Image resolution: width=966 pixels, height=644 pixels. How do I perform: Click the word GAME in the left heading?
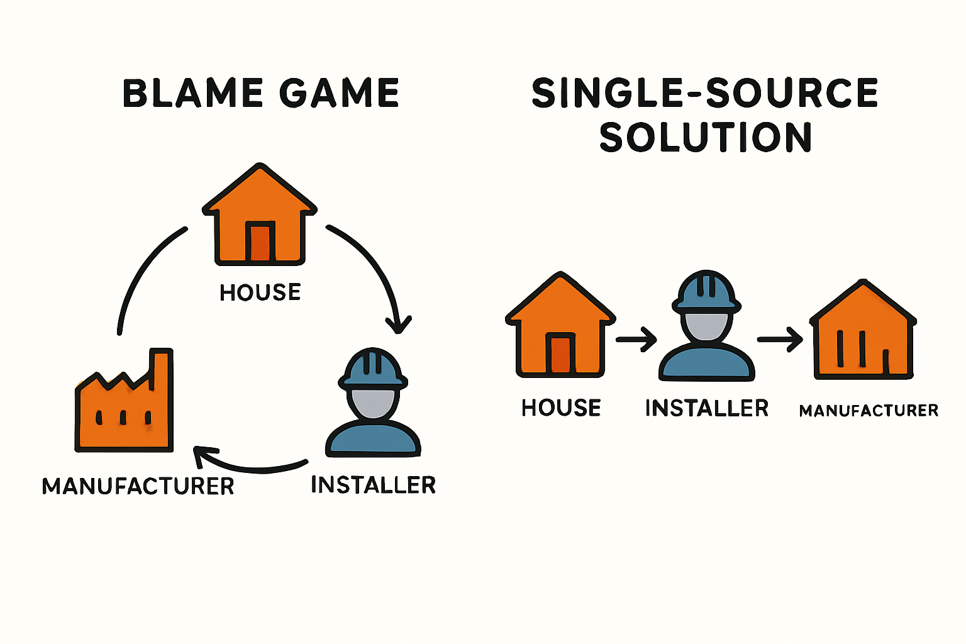point(339,94)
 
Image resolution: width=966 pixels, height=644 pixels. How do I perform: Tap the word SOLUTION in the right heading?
point(706,137)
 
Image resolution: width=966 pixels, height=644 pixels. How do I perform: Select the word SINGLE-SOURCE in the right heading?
point(705,93)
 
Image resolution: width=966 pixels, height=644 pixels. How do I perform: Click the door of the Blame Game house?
point(260,241)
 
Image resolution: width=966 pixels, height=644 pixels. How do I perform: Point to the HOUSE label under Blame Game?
point(260,292)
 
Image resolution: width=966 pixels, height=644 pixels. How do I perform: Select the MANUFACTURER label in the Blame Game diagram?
point(138,486)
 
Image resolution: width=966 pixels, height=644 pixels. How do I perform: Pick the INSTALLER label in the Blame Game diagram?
point(374,485)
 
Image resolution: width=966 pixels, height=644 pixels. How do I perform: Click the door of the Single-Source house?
point(561,355)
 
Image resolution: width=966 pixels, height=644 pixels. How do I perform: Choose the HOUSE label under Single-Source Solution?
point(561,408)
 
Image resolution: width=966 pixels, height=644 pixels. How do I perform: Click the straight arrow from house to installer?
point(636,340)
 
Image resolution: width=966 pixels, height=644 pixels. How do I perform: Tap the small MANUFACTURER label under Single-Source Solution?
point(869,411)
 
